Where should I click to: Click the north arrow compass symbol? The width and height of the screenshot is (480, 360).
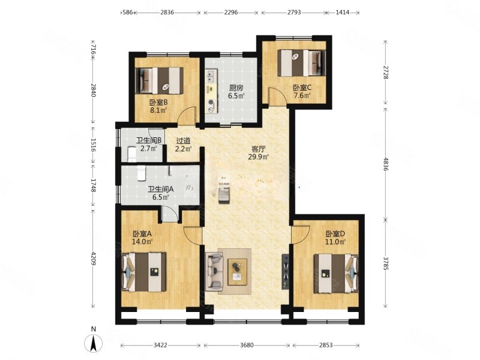(x=94, y=343)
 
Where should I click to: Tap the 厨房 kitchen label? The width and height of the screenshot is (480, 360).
(x=236, y=88)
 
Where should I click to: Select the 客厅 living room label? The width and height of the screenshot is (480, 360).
(x=259, y=149)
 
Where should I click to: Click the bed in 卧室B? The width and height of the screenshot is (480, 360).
(x=159, y=81)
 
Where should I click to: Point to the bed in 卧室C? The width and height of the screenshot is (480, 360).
(x=302, y=63)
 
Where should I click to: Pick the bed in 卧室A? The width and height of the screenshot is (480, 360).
(x=144, y=272)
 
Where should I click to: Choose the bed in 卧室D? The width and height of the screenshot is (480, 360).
(x=336, y=273)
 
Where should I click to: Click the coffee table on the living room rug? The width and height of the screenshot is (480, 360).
(x=238, y=272)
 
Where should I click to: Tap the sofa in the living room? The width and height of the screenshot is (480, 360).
(x=214, y=272)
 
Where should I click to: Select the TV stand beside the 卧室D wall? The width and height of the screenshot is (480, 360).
(x=286, y=272)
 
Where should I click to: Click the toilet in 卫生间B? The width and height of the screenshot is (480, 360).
(x=131, y=154)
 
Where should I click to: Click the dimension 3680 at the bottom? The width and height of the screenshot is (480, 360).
(x=247, y=346)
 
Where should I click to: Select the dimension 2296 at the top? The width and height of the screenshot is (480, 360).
(x=231, y=13)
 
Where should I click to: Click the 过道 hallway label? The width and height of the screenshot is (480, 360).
(x=184, y=141)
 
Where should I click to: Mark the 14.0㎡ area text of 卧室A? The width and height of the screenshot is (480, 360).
(x=142, y=242)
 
